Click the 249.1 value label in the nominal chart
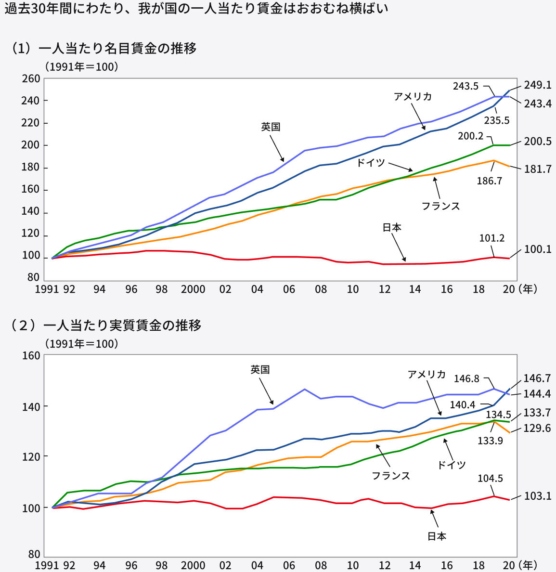tap(537, 85)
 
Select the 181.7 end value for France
tap(537, 169)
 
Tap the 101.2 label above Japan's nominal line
tap(492, 238)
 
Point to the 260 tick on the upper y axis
tap(31, 78)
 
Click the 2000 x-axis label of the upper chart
tap(193, 289)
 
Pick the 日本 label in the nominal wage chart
tap(392, 228)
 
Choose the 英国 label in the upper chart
tap(271, 127)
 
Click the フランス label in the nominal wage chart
tap(440, 206)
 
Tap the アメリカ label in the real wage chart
tap(427, 374)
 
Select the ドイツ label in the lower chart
tap(451, 465)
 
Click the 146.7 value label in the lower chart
tap(537, 379)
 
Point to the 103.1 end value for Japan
tap(537, 496)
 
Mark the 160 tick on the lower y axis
tap(31, 356)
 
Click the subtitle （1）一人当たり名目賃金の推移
tap(103, 48)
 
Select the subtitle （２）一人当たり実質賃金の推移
tap(105, 325)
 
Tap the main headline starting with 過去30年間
tap(195, 9)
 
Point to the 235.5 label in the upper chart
tap(496, 120)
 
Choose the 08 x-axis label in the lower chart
tap(321, 565)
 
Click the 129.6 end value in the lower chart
tap(537, 429)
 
